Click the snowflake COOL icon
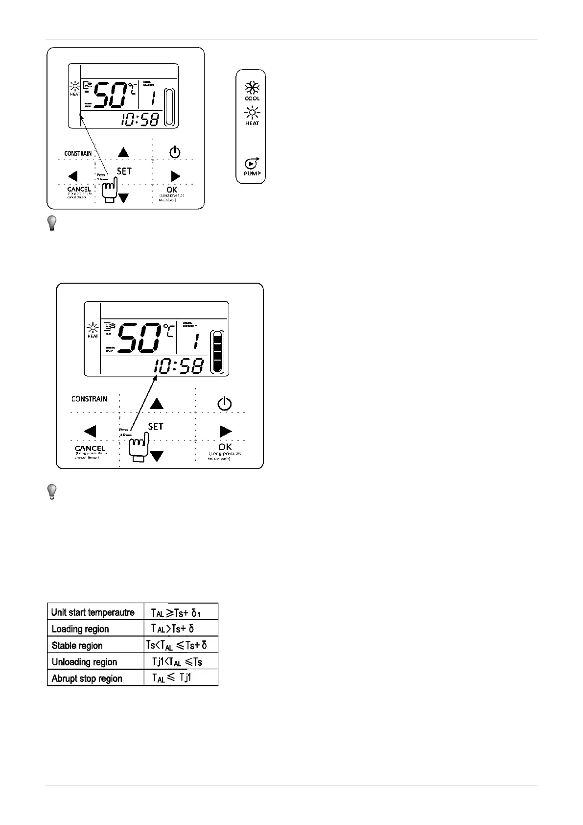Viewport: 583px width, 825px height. [252, 89]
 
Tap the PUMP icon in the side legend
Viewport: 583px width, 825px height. [252, 164]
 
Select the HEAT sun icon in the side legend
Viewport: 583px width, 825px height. [252, 113]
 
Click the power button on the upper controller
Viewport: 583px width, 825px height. [175, 152]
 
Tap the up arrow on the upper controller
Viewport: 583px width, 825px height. [123, 152]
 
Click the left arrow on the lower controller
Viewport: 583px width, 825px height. [90, 431]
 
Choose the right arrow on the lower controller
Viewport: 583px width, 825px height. [225, 431]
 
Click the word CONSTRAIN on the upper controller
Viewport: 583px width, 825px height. [78, 153]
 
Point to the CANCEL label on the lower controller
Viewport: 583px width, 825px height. [90, 448]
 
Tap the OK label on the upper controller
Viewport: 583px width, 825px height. [172, 190]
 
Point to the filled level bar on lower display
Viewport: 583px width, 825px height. [217, 352]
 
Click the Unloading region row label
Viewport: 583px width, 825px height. [84, 662]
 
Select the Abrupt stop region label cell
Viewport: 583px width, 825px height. [87, 679]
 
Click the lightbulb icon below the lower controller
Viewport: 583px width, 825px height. [51, 491]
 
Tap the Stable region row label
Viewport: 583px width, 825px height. [77, 645]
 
